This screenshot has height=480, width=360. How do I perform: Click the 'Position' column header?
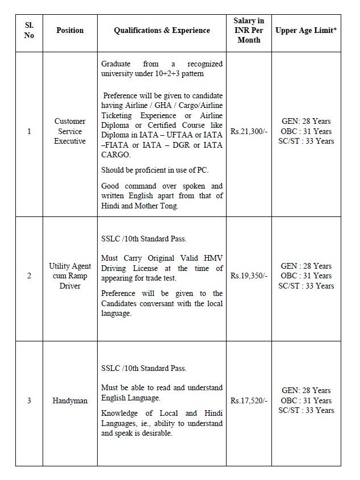(70, 31)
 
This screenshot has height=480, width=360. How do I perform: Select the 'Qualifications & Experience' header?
(162, 31)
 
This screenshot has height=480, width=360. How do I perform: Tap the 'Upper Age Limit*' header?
(306, 31)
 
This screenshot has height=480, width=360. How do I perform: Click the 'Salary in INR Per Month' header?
(249, 31)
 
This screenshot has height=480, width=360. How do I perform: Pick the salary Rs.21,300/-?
(249, 131)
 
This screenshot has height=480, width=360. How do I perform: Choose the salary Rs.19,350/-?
(249, 276)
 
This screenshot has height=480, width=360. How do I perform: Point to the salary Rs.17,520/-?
(249, 400)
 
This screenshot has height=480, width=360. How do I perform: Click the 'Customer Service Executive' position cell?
(70, 131)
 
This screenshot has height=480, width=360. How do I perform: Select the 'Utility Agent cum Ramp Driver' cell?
(70, 276)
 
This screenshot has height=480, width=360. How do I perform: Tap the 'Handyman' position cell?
(70, 401)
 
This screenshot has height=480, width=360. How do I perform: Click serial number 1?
(29, 131)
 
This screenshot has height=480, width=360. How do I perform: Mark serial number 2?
(29, 276)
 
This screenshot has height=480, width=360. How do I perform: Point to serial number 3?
(29, 401)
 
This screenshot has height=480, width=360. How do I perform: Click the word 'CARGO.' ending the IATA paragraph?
(116, 155)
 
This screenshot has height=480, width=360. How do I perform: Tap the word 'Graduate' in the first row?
(116, 64)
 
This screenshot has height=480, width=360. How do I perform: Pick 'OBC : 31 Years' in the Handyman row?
(306, 400)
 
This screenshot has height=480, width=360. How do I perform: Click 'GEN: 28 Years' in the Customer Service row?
(306, 122)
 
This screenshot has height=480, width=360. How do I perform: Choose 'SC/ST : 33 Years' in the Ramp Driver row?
(306, 286)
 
